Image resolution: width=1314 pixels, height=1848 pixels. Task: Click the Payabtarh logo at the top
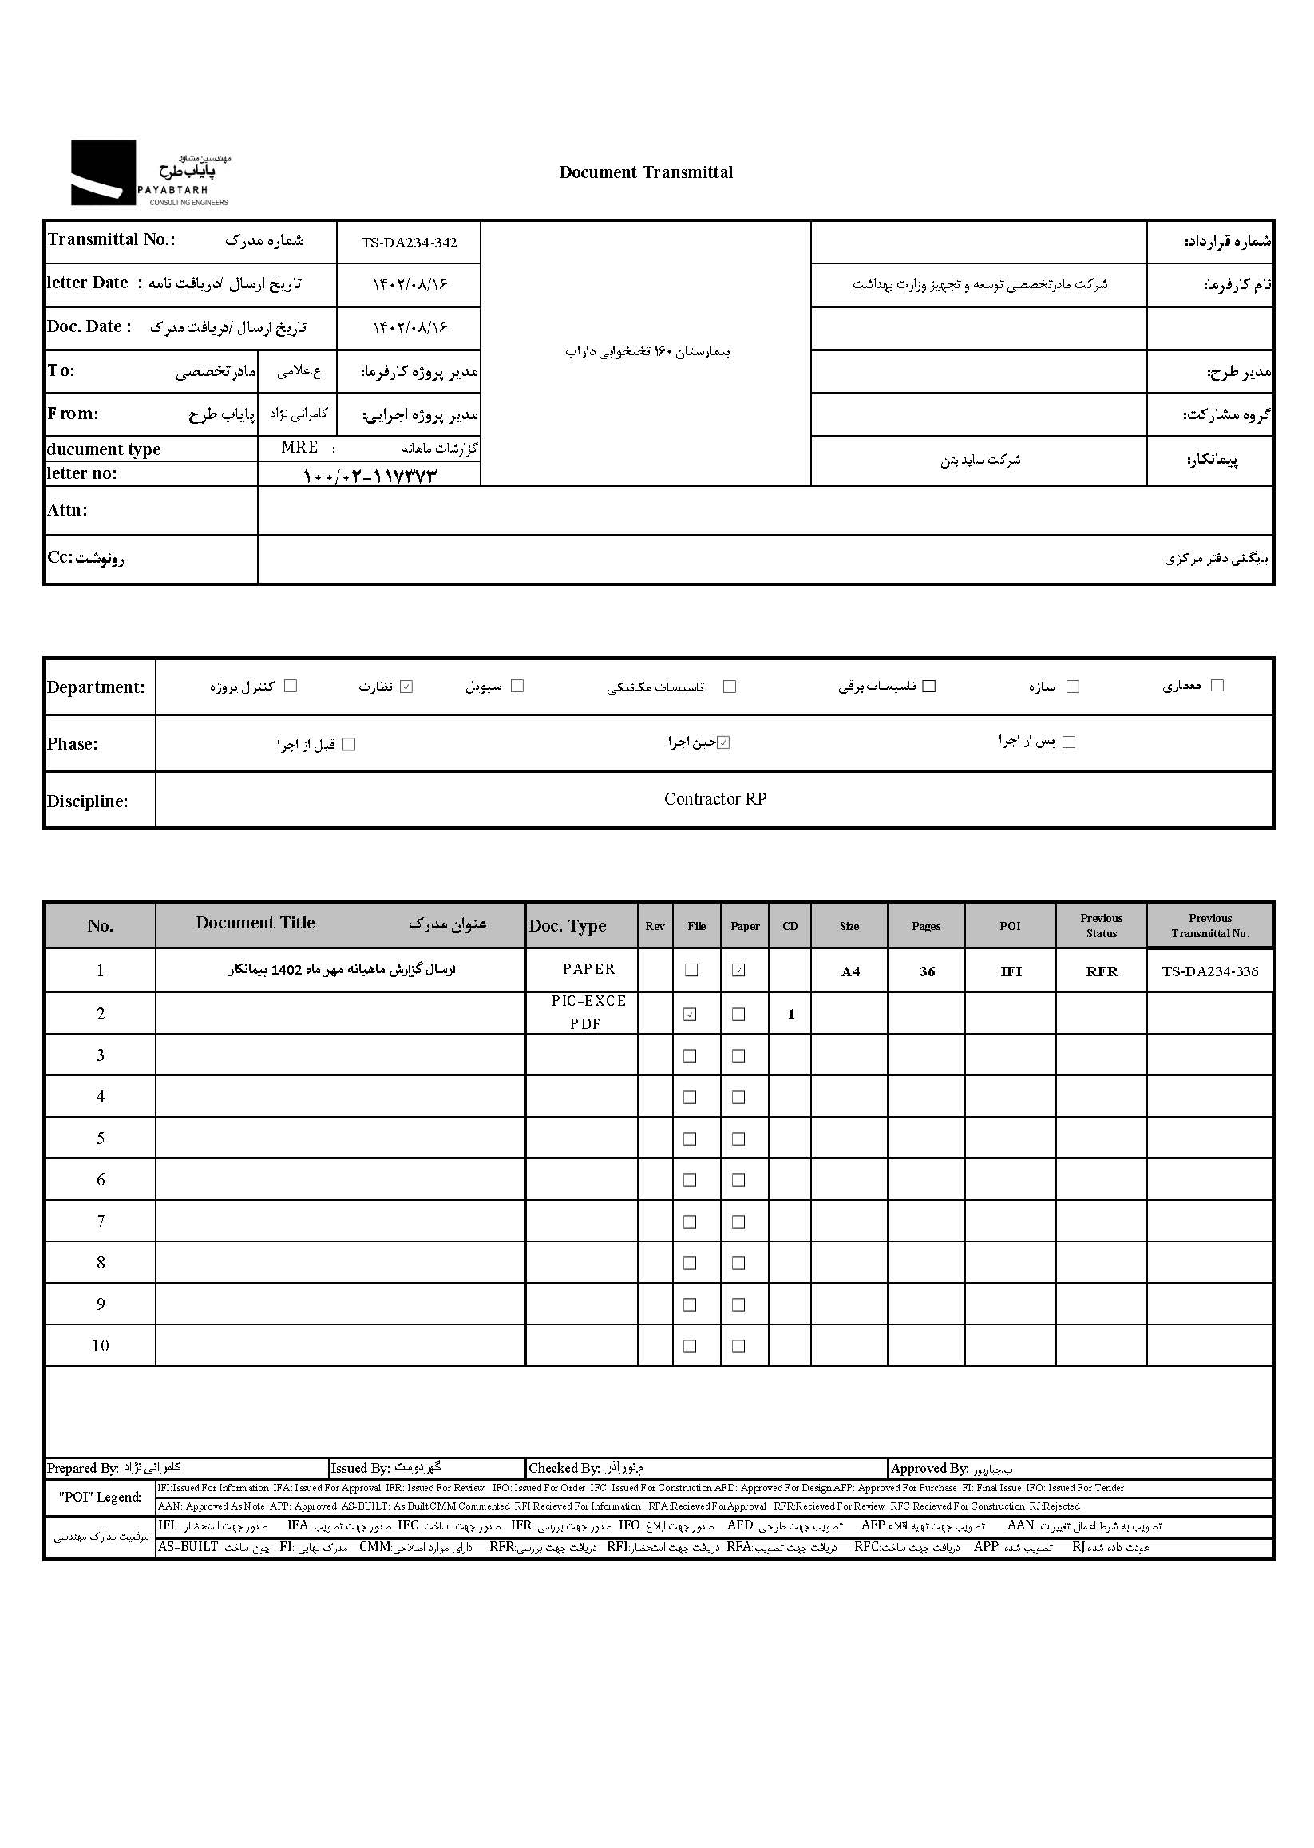(x=150, y=173)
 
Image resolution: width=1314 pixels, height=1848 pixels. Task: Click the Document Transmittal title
(x=646, y=172)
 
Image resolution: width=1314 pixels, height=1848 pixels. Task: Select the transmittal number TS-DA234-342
(x=409, y=243)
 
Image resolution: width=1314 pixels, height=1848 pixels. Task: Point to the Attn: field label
(x=67, y=510)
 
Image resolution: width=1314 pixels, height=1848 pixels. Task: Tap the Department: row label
(x=96, y=687)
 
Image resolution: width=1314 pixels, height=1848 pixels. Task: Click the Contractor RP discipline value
(x=714, y=799)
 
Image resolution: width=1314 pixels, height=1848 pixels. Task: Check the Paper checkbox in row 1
(x=738, y=970)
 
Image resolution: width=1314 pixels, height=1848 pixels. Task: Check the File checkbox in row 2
(x=691, y=1014)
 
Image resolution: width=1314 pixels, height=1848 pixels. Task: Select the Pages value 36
(x=928, y=971)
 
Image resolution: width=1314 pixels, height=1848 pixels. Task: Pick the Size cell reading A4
(x=850, y=971)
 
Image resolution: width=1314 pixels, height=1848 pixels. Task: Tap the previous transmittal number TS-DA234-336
(x=1209, y=971)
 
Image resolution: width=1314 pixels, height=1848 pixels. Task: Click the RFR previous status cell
(x=1101, y=971)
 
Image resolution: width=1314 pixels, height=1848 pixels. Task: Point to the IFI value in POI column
(x=1011, y=971)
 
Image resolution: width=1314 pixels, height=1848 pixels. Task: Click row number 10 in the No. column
(x=101, y=1346)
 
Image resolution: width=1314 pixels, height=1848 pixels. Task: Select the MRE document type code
(x=299, y=448)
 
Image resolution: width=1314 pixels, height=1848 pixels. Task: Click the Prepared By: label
(x=82, y=1469)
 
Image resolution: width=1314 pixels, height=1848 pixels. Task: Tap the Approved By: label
(x=929, y=1469)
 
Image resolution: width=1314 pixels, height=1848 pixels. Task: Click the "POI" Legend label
(x=100, y=1497)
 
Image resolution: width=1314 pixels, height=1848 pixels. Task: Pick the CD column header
(x=790, y=927)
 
